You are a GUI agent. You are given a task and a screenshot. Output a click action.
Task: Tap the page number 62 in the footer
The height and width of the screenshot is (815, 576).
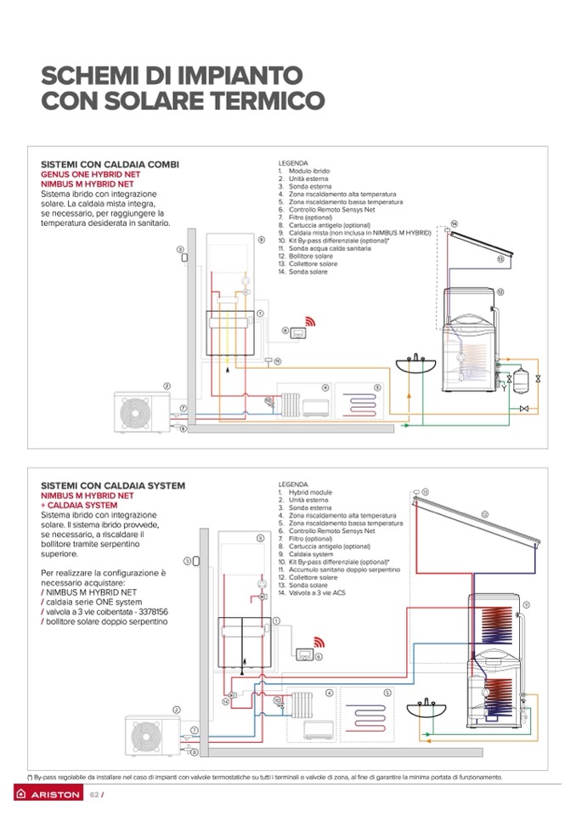pos(95,795)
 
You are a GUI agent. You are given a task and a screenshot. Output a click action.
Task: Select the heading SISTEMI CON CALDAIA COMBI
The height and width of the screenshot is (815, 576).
pos(110,164)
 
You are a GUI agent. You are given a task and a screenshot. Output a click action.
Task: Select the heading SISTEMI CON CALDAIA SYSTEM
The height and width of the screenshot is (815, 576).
pos(112,485)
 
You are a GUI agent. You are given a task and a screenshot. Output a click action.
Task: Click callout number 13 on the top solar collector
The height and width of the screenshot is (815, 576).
pos(500,258)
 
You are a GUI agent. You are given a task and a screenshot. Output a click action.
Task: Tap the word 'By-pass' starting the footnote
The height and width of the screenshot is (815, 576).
pos(42,777)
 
